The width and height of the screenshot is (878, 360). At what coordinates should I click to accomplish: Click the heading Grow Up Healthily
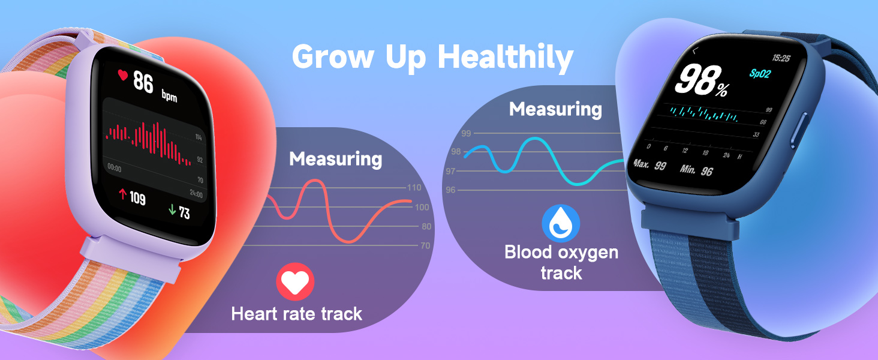[x=432, y=58]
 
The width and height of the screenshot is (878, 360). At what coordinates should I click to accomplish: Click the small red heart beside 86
[x=123, y=76]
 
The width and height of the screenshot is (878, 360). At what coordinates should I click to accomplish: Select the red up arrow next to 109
[x=122, y=194]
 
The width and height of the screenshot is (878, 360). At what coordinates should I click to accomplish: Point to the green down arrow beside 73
[x=172, y=210]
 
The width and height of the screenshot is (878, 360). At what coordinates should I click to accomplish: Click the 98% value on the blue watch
[x=700, y=81]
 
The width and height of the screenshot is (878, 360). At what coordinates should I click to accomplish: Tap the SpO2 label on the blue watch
[x=761, y=73]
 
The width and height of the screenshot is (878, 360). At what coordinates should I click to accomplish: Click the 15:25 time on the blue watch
[x=780, y=58]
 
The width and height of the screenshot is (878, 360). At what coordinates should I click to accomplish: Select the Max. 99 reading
[x=650, y=164]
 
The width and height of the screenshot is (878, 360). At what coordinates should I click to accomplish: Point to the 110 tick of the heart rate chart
[x=414, y=188]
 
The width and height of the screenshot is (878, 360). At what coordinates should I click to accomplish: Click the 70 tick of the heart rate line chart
[x=425, y=245]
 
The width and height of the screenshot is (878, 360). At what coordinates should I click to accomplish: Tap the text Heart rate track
[x=297, y=313]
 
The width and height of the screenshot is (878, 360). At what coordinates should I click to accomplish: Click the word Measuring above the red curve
[x=335, y=159]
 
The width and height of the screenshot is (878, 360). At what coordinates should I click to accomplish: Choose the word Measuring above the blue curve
[x=555, y=109]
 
